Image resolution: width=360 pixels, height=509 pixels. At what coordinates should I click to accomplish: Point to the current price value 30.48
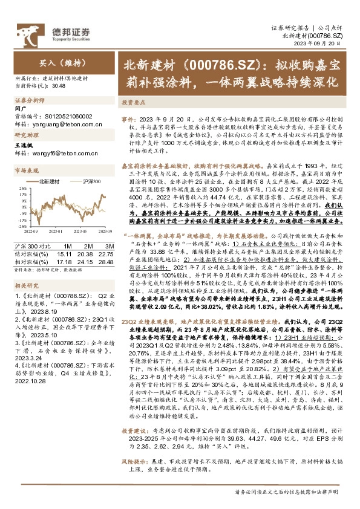click(59, 86)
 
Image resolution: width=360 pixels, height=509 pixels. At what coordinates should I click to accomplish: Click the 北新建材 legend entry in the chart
click(49, 181)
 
